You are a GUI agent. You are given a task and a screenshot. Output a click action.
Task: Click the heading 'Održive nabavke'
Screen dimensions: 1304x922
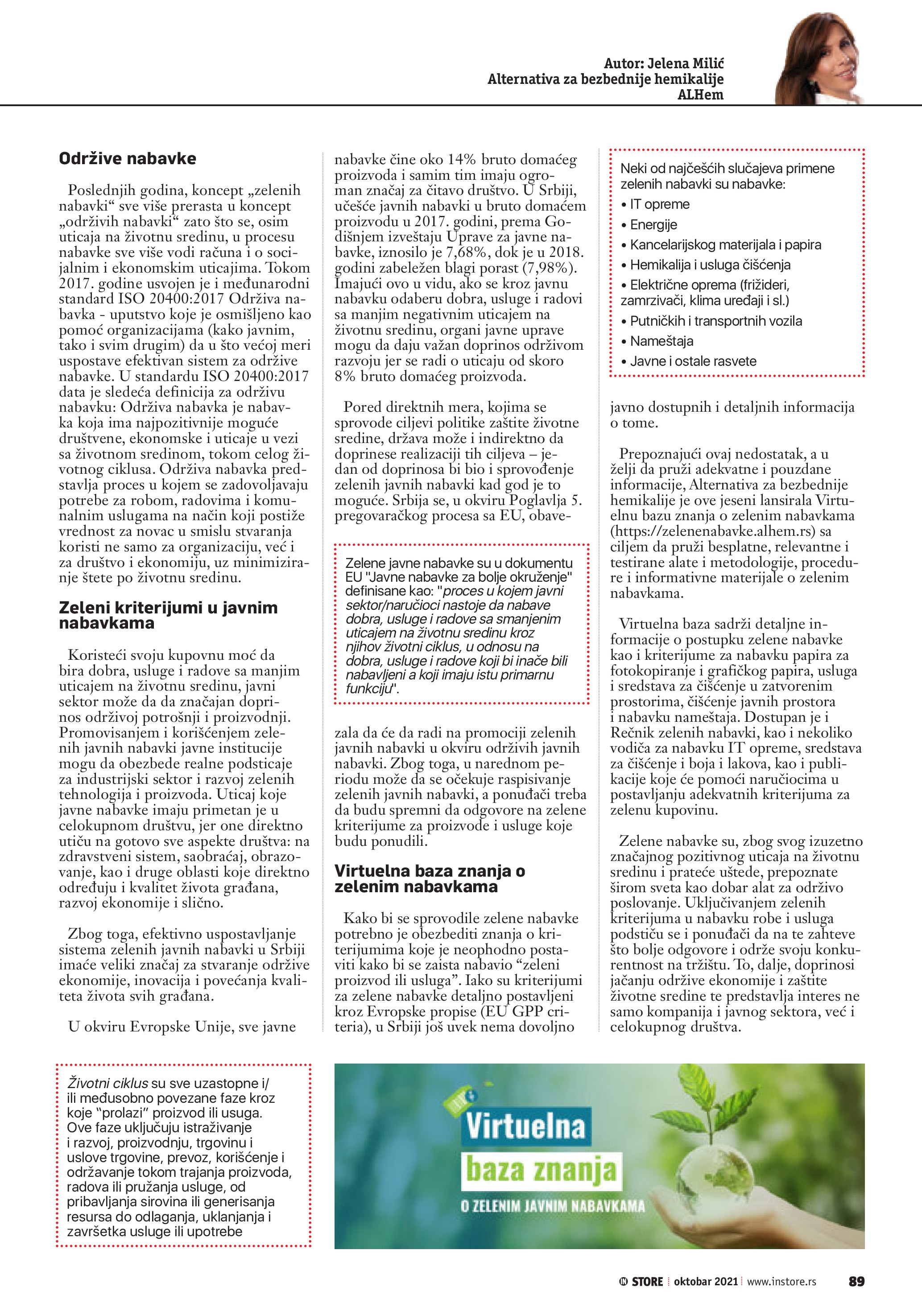pos(127,158)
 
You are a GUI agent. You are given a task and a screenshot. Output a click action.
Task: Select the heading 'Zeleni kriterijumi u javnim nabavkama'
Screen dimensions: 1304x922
pos(168,615)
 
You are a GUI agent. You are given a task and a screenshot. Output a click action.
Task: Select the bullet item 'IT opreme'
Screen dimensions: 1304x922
pos(658,204)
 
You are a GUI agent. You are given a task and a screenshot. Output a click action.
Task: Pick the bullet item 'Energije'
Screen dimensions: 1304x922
pos(653,225)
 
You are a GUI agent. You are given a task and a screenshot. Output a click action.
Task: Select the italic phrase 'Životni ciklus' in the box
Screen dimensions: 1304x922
pos(107,1083)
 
